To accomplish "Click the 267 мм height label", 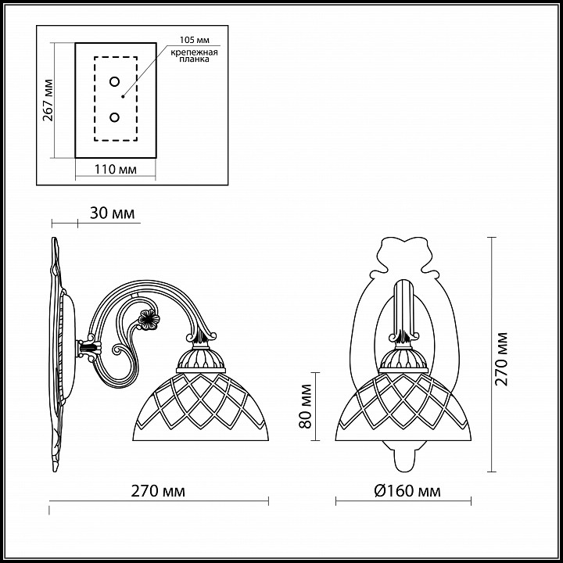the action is click(x=48, y=100).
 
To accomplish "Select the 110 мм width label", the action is click(x=116, y=169).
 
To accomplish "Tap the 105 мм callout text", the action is click(x=194, y=40).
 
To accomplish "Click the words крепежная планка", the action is click(x=194, y=56).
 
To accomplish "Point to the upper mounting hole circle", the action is click(x=114, y=81).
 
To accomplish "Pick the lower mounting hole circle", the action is click(x=114, y=117).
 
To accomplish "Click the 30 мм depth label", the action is click(x=112, y=213).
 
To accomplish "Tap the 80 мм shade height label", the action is click(x=305, y=406).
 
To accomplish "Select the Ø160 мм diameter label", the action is click(x=407, y=490).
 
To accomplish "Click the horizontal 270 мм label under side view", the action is click(x=158, y=490).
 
